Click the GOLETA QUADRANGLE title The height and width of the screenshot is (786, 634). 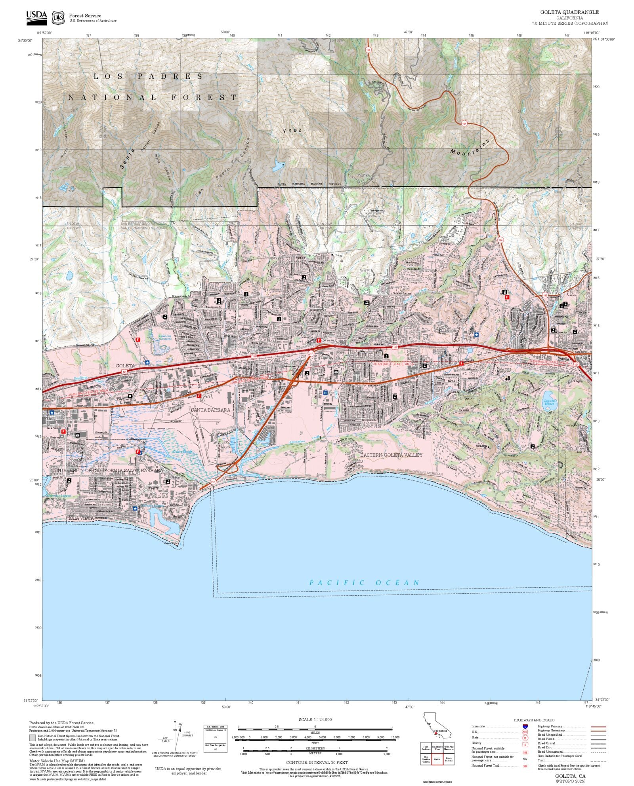coord(569,12)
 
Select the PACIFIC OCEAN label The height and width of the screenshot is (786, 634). coord(364,583)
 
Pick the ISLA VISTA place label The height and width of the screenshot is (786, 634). coord(81,518)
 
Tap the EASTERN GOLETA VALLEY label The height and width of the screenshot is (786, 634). coord(391,455)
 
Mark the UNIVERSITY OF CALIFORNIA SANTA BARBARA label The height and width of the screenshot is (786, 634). coord(109,471)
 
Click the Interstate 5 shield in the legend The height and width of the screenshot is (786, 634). coord(525,727)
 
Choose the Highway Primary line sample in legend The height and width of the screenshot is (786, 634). coord(598,727)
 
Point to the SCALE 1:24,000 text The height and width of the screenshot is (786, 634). coord(315,720)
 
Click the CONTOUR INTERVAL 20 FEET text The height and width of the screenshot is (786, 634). coord(317,762)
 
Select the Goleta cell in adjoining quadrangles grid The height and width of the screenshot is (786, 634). coord(437,759)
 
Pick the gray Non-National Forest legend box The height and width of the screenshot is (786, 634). coord(32,738)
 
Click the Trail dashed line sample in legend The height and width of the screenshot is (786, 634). coord(598,760)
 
